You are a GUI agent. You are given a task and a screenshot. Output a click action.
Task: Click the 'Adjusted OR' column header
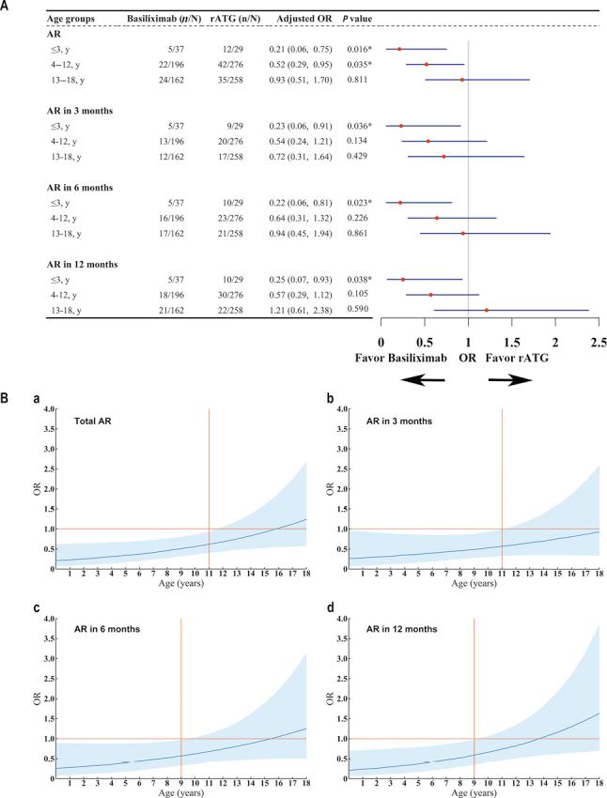click(x=300, y=18)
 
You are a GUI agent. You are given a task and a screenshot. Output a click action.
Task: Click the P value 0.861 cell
click(x=355, y=233)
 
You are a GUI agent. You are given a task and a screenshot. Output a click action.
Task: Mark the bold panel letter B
click(x=7, y=399)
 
